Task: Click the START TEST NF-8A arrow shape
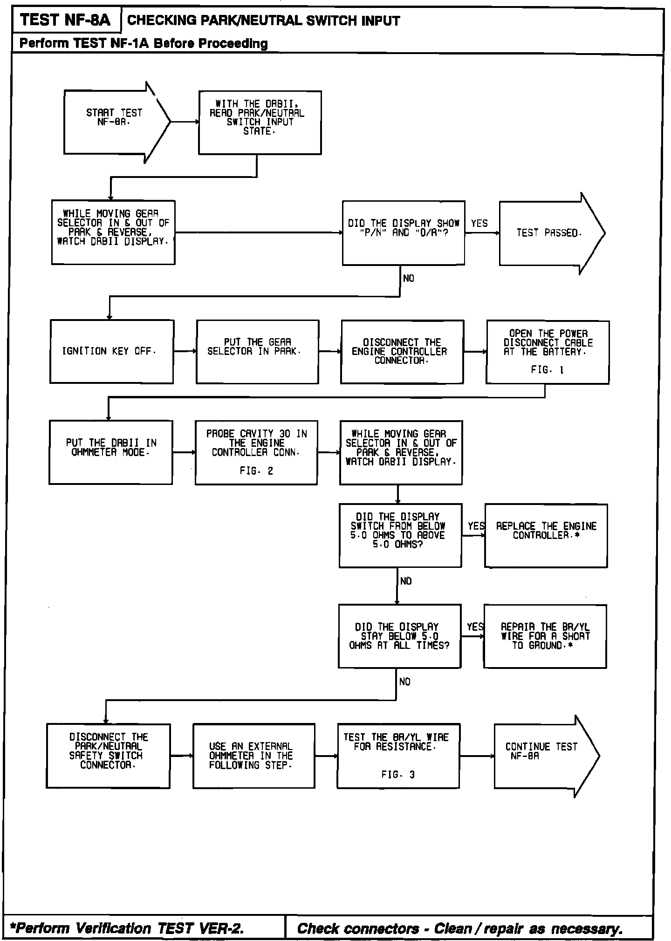(x=114, y=122)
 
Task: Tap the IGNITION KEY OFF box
(x=112, y=352)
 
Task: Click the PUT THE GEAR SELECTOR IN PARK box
(x=257, y=352)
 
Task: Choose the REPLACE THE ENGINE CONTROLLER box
(x=546, y=535)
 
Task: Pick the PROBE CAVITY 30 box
(x=256, y=452)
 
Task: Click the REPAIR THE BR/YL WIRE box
(x=545, y=636)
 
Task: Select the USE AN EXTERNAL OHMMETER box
(x=254, y=756)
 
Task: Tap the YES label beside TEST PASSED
(x=479, y=224)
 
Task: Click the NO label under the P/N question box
(x=408, y=279)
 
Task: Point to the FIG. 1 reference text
(x=547, y=370)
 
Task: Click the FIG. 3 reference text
(x=398, y=775)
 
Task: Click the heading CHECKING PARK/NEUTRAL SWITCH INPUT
(x=263, y=20)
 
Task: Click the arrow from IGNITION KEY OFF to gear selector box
(x=185, y=352)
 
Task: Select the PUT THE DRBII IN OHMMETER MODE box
(x=111, y=452)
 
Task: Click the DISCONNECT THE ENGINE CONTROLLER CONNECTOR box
(x=402, y=352)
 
